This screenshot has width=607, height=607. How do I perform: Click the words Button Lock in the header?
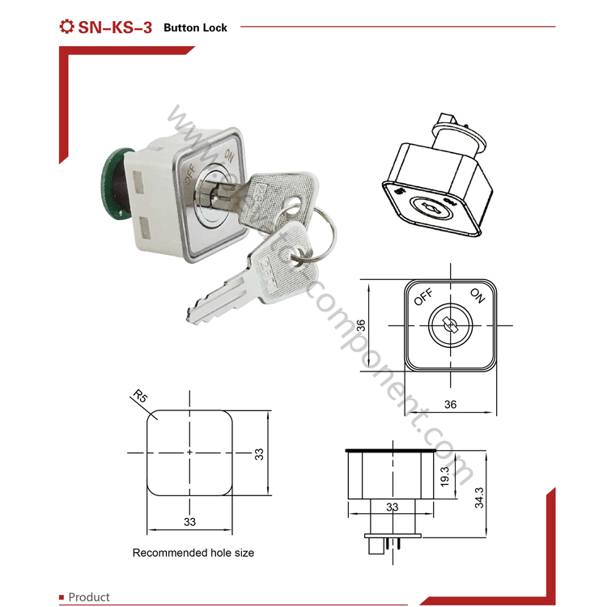click(x=195, y=28)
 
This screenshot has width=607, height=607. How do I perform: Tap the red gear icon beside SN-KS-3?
click(x=67, y=27)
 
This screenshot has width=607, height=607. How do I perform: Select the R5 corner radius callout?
click(x=140, y=397)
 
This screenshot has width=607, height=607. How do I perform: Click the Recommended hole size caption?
click(x=193, y=553)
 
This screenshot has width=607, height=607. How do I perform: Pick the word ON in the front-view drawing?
click(x=476, y=297)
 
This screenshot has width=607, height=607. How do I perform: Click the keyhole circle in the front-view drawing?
click(x=448, y=325)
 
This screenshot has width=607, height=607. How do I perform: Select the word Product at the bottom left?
click(x=89, y=597)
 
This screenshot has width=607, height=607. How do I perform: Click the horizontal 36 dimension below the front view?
click(x=450, y=404)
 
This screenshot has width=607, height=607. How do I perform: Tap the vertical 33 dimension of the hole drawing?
click(x=259, y=453)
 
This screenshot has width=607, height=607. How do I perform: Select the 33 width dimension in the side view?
click(x=392, y=507)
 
